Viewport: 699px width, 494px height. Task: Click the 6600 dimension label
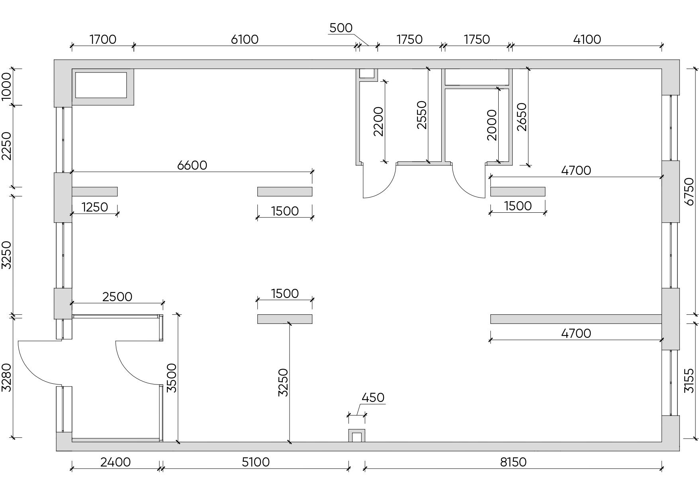click(x=192, y=165)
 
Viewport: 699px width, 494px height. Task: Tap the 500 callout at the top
click(x=341, y=28)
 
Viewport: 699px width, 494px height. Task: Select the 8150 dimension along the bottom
click(x=513, y=462)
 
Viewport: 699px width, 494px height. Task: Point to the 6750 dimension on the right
click(x=689, y=192)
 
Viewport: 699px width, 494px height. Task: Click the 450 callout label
click(x=373, y=398)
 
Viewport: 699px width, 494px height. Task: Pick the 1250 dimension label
click(x=95, y=207)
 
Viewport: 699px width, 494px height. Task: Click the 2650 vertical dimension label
click(x=522, y=117)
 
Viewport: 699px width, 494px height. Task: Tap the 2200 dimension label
click(x=378, y=122)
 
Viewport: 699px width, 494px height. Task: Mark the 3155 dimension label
click(x=689, y=381)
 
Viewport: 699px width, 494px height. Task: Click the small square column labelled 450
click(x=357, y=436)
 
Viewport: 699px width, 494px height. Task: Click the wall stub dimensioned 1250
click(x=95, y=192)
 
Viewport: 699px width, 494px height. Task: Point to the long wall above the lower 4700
click(x=576, y=319)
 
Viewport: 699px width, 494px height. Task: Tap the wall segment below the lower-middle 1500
click(x=285, y=319)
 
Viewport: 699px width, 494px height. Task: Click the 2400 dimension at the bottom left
click(x=116, y=462)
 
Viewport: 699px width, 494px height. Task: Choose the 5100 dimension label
click(x=256, y=462)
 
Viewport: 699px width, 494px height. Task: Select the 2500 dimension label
click(x=117, y=297)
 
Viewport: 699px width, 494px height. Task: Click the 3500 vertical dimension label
click(x=171, y=378)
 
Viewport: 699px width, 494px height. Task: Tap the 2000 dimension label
click(x=492, y=125)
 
